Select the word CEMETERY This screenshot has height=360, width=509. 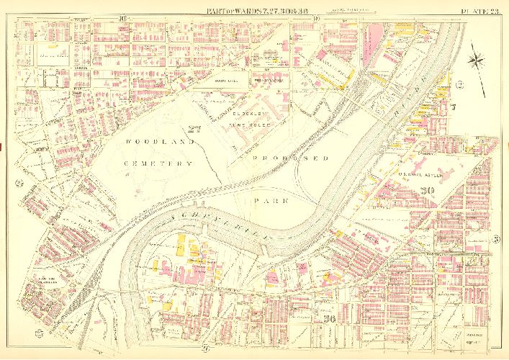point(157,164)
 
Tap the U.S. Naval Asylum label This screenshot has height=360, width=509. point(420,173)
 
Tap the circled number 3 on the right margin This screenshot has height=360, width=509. point(497,239)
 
